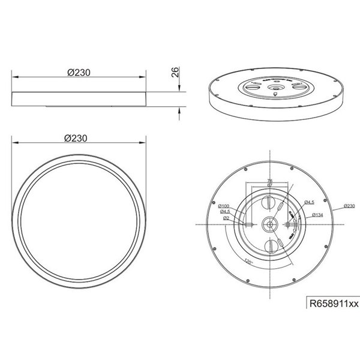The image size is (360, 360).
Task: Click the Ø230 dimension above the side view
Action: coord(79,72)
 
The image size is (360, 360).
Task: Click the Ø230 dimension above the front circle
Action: coord(79,137)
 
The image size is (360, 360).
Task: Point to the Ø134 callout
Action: coord(317,214)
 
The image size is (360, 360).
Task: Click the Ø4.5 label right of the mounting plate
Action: coord(310,202)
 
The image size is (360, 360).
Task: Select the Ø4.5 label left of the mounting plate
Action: coord(225,212)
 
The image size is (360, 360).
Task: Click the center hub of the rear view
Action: coord(269,224)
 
